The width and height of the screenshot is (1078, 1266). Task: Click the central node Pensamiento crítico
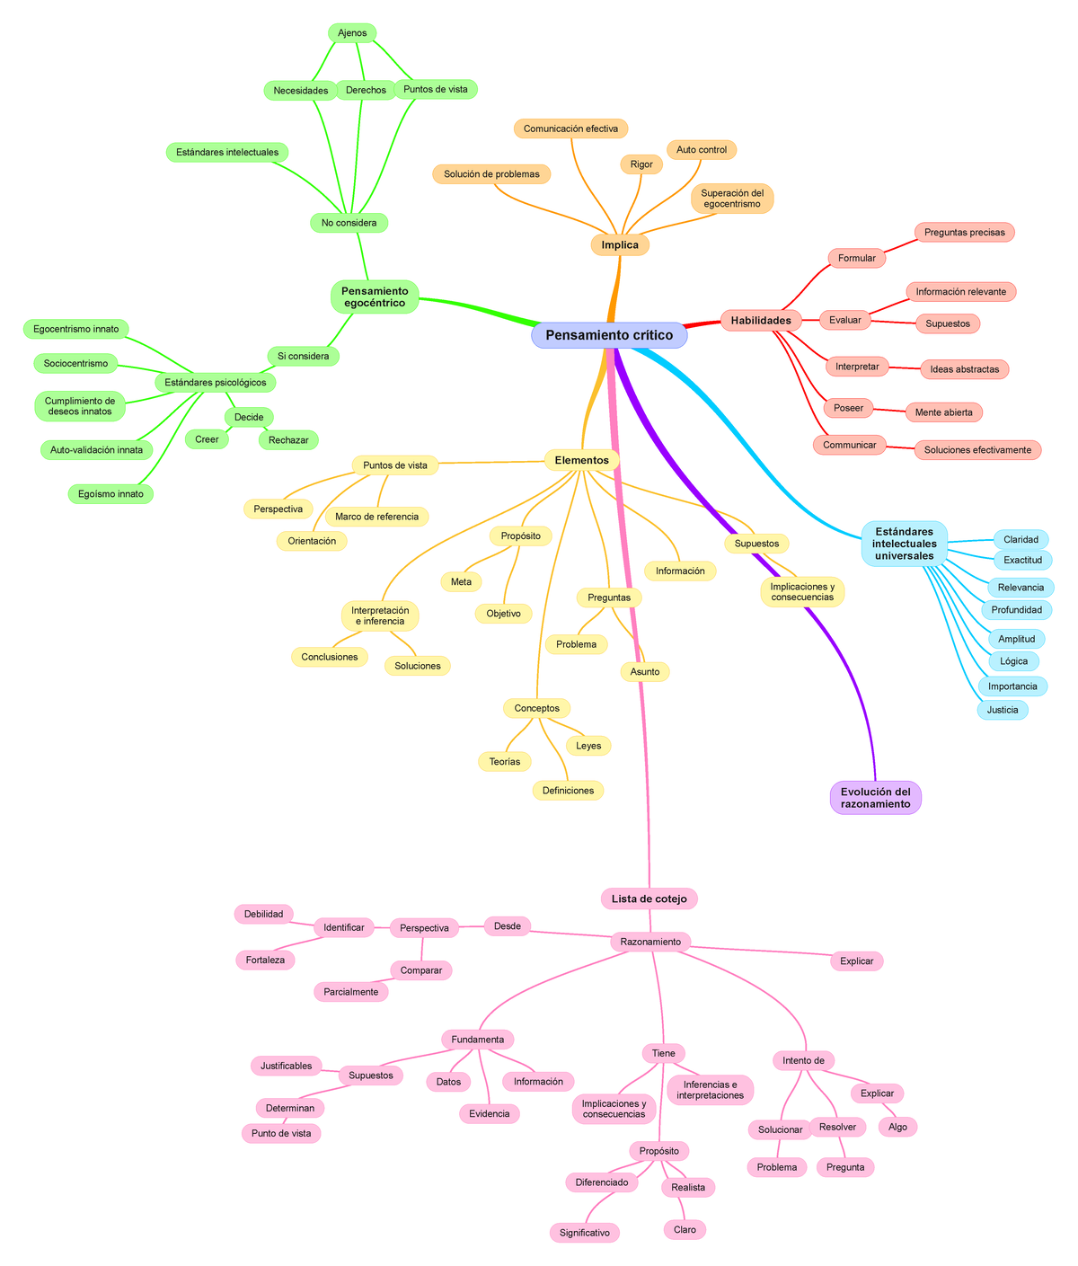pyautogui.click(x=609, y=335)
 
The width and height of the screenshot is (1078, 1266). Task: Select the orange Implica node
pyautogui.click(x=620, y=245)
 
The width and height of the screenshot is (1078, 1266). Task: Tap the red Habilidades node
pyautogui.click(x=761, y=321)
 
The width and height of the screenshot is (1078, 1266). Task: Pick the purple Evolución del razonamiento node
pyautogui.click(x=875, y=798)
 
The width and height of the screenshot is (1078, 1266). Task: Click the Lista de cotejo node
pyautogui.click(x=649, y=899)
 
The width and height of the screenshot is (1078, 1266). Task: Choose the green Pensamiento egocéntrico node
pyautogui.click(x=375, y=297)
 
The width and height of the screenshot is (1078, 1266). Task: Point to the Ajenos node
pyautogui.click(x=352, y=33)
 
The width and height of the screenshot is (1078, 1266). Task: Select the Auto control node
pyautogui.click(x=702, y=149)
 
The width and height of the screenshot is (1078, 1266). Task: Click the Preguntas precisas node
pyautogui.click(x=964, y=232)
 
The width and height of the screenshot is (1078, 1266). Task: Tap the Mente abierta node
pyautogui.click(x=943, y=412)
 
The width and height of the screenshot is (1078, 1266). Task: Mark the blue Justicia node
pyautogui.click(x=1002, y=710)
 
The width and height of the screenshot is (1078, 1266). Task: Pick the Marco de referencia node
pyautogui.click(x=376, y=517)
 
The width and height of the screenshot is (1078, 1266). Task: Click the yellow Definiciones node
pyautogui.click(x=568, y=790)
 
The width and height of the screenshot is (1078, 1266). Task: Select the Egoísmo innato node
pyautogui.click(x=110, y=493)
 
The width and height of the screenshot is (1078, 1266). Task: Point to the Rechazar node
pyautogui.click(x=288, y=439)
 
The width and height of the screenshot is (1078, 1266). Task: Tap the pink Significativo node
pyautogui.click(x=584, y=1233)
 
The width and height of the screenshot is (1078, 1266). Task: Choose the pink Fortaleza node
pyautogui.click(x=265, y=960)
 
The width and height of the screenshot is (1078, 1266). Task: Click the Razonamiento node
pyautogui.click(x=650, y=942)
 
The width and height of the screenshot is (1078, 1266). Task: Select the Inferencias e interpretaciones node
pyautogui.click(x=710, y=1090)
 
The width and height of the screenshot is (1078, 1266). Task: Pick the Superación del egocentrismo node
pyautogui.click(x=732, y=199)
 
